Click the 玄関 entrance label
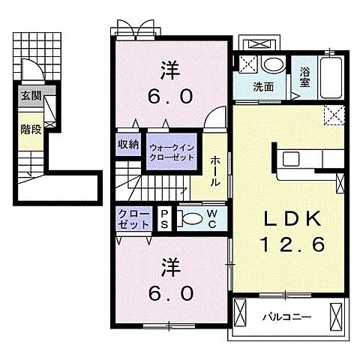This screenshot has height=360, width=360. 31,96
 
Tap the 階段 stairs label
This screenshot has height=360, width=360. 31,129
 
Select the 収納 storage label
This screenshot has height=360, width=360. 128,144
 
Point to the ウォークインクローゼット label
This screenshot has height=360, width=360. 172,152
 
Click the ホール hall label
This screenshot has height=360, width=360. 214,171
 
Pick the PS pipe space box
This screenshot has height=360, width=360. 164,219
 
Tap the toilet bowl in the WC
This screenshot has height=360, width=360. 192,218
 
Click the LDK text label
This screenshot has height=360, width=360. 292,219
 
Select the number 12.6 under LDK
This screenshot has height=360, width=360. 292,244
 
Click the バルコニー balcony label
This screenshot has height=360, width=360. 287,317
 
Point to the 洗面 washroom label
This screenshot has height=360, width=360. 263,87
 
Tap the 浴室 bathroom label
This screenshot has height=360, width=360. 305,77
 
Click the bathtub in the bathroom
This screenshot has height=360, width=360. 331,78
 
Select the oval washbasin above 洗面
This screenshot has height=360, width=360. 274,66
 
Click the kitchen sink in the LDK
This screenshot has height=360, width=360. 291,159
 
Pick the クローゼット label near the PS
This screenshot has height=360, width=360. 134,219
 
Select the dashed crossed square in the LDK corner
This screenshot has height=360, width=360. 334,115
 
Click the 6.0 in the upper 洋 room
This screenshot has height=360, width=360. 171,97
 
